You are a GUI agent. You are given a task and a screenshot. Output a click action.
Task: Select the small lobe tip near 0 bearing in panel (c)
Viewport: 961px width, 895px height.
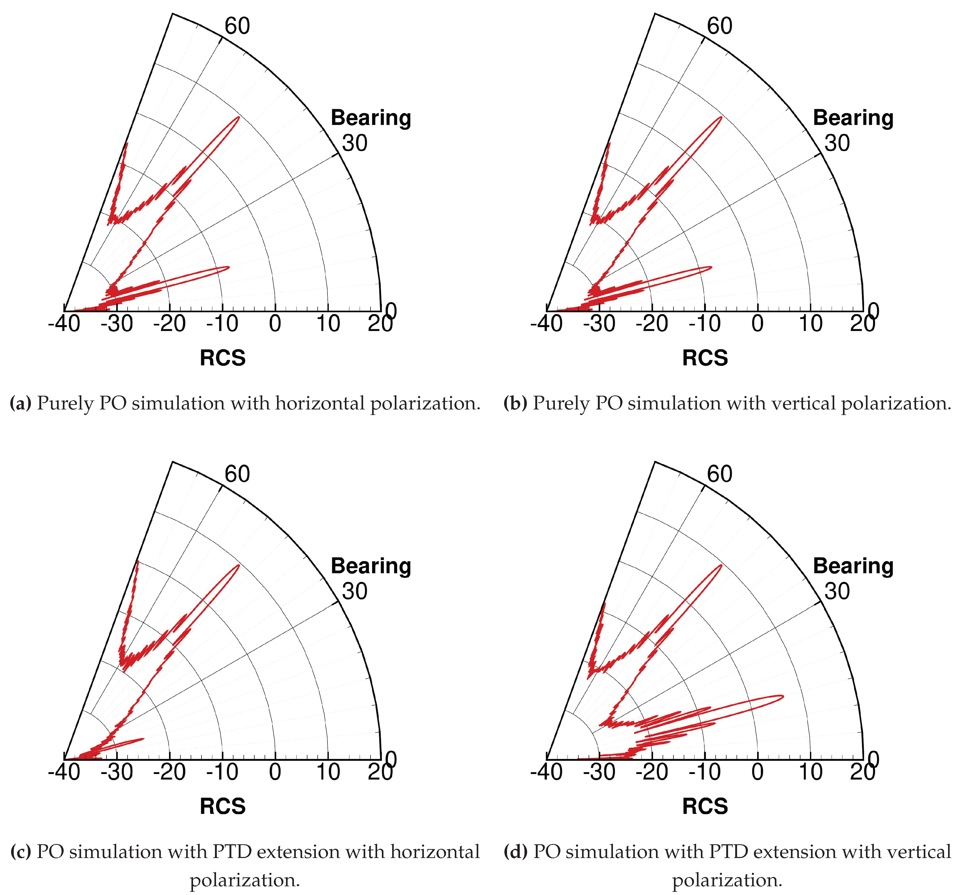tap(144, 738)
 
